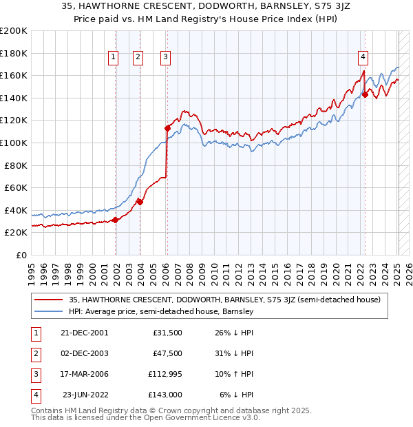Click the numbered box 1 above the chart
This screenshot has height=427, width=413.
(x=113, y=58)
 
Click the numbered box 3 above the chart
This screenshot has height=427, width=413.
(x=166, y=58)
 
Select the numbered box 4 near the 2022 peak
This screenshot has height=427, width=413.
(x=363, y=58)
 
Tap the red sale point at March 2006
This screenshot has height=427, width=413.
(x=167, y=127)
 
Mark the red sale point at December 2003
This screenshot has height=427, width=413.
(x=140, y=202)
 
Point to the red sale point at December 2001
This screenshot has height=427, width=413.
(x=116, y=220)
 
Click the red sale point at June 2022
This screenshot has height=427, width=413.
(x=365, y=94)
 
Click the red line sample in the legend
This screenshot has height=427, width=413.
(x=49, y=300)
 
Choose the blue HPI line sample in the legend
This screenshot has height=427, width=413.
(x=49, y=311)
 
